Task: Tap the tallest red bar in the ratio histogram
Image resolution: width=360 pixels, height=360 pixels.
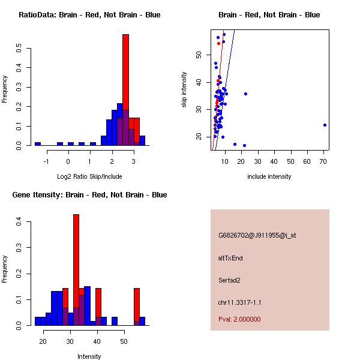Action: click(126, 90)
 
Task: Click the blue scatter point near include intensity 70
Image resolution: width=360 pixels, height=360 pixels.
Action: click(325, 125)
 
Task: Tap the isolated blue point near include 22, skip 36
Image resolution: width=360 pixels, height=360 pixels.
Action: click(245, 94)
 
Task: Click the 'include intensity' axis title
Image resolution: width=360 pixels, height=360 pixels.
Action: click(269, 176)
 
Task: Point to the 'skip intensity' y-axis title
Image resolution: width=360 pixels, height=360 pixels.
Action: click(185, 90)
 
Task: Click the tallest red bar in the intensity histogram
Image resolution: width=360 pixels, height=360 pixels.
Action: click(76, 269)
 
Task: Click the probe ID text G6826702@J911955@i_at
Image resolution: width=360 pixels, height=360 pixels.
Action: click(257, 235)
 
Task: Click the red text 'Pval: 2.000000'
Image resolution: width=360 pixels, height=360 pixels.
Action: click(239, 319)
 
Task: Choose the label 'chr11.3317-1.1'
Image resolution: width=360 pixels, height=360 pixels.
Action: click(240, 302)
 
